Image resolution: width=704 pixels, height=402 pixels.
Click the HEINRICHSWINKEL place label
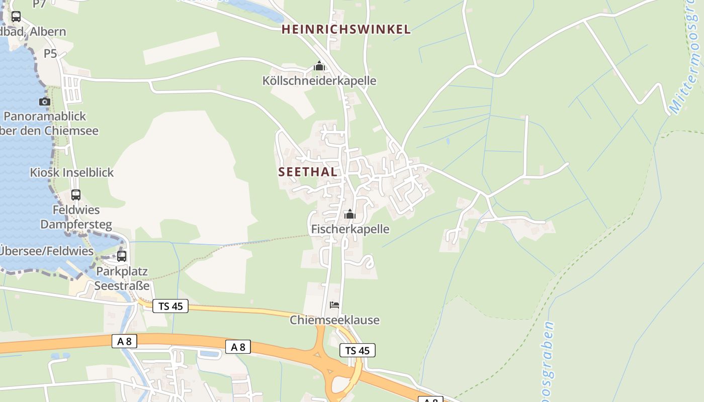click(346, 30)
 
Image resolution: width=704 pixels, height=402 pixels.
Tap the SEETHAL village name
click(308, 172)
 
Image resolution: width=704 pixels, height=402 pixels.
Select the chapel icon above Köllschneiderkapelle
click(319, 66)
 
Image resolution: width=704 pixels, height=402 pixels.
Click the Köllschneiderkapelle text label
click(319, 81)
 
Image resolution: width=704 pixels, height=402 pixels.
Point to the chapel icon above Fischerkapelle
click(350, 215)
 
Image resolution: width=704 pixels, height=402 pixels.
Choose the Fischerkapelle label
click(350, 229)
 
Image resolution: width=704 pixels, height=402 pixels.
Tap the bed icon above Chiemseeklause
click(334, 305)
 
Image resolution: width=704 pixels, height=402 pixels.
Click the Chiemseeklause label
click(334, 320)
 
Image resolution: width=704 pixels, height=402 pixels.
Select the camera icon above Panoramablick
click(45, 102)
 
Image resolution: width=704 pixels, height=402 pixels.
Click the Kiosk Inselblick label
click(72, 172)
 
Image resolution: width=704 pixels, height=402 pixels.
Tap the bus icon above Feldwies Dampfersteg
click(76, 194)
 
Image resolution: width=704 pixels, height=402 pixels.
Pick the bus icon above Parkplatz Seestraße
click(121, 256)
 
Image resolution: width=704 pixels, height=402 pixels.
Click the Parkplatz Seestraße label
click(122, 279)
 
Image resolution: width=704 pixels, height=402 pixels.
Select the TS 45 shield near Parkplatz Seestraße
click(170, 306)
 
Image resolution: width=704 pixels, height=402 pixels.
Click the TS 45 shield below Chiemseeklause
click(358, 350)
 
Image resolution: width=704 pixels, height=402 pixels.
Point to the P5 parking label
click(50, 53)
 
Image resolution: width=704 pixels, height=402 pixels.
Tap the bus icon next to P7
click(16, 16)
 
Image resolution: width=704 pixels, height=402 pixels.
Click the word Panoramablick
click(45, 117)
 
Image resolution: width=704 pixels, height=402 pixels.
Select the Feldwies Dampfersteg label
click(76, 217)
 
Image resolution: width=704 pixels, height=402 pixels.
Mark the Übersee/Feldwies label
click(47, 251)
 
